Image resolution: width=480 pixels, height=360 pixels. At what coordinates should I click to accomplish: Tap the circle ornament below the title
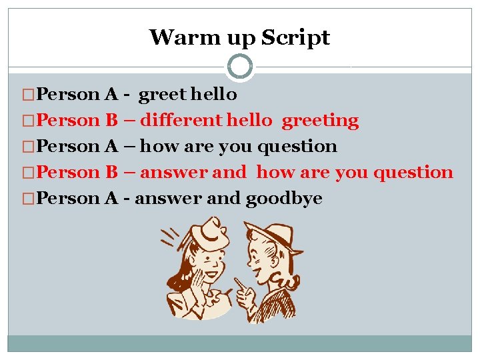[x=240, y=66]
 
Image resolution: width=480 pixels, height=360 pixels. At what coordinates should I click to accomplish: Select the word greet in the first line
[x=162, y=95]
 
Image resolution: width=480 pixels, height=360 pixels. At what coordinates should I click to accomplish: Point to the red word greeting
[x=320, y=121]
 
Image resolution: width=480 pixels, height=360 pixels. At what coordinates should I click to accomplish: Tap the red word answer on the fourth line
[x=173, y=173]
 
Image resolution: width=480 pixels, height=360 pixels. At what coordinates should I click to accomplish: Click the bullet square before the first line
[x=27, y=95]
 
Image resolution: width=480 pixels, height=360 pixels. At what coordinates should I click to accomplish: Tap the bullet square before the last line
[x=27, y=199]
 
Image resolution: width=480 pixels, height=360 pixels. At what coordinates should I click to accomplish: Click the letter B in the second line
[x=111, y=121]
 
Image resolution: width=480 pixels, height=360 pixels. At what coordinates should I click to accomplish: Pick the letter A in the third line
[x=112, y=147]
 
